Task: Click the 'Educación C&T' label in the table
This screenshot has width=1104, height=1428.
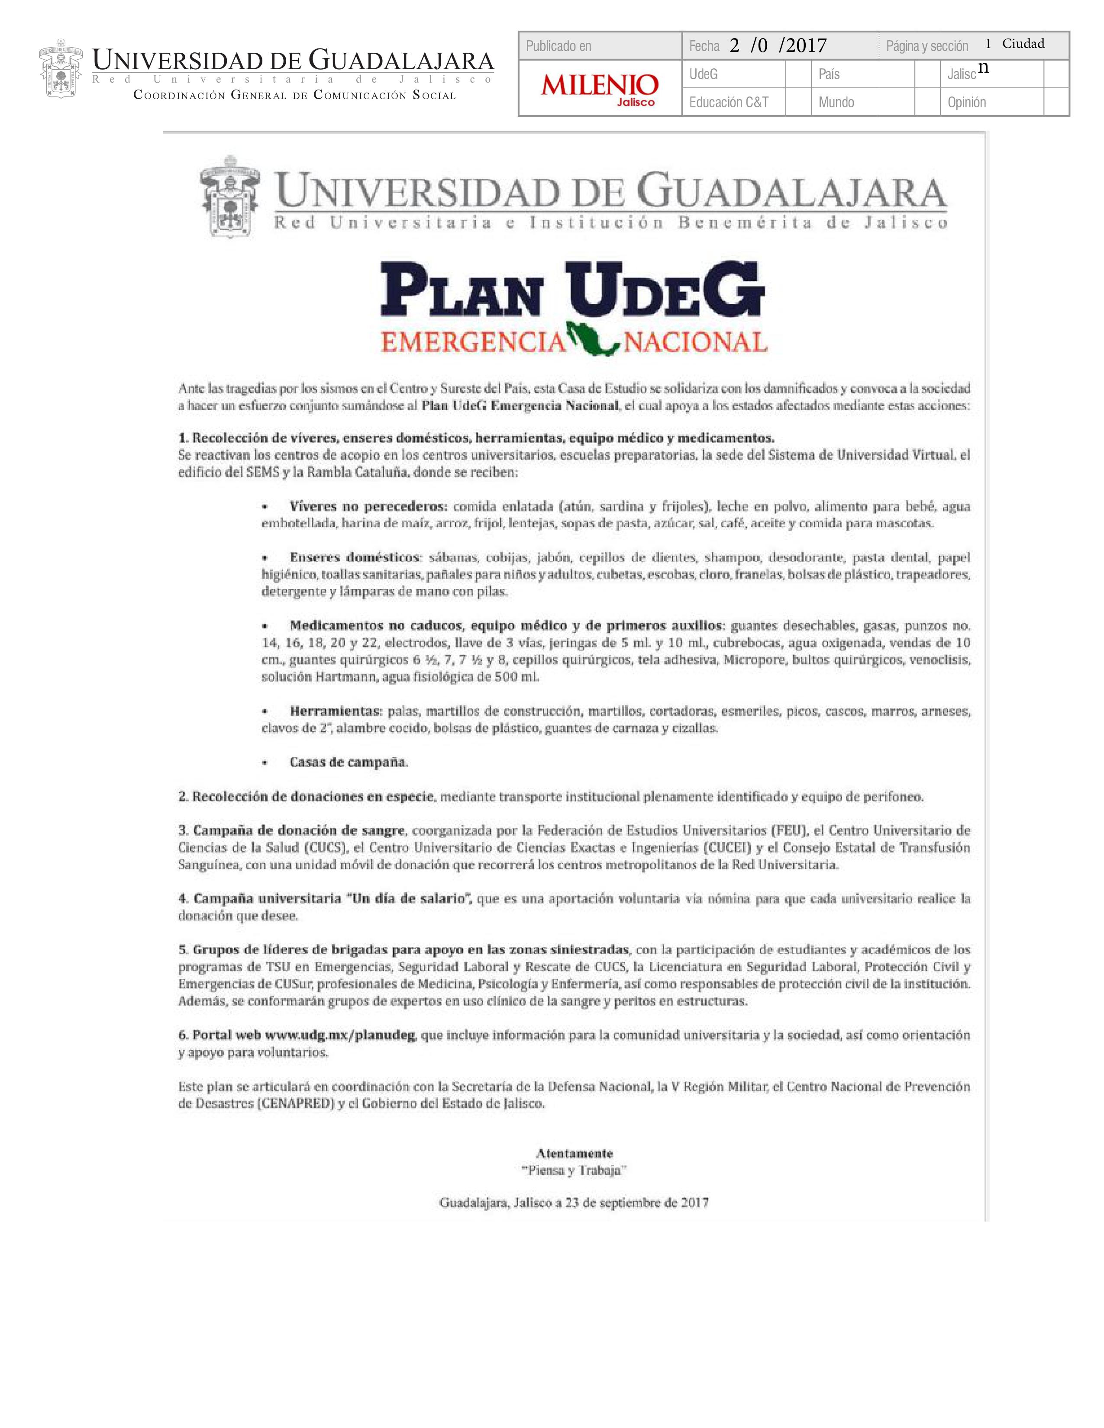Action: [x=729, y=102]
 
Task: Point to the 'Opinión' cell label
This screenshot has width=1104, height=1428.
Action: [x=967, y=102]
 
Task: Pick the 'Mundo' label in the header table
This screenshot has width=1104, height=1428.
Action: [x=836, y=102]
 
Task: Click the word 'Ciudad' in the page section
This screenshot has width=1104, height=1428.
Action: [x=1023, y=44]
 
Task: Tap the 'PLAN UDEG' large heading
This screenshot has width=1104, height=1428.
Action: [x=572, y=292]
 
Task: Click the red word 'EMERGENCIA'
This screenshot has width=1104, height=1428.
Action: [x=473, y=341]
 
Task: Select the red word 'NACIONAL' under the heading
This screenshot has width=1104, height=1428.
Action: [x=696, y=341]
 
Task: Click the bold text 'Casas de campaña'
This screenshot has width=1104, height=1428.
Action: [x=349, y=762]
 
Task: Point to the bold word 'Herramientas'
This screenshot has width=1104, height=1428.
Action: [x=335, y=711]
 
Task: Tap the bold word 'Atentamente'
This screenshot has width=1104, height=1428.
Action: [x=574, y=1153]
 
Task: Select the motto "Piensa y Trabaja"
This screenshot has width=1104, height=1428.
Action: [x=574, y=1171]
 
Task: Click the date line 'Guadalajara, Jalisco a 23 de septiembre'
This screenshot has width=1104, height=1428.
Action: [x=574, y=1203]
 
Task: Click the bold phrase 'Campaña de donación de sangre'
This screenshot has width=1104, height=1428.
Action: [x=299, y=830]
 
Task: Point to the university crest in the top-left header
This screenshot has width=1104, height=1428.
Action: [x=61, y=68]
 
